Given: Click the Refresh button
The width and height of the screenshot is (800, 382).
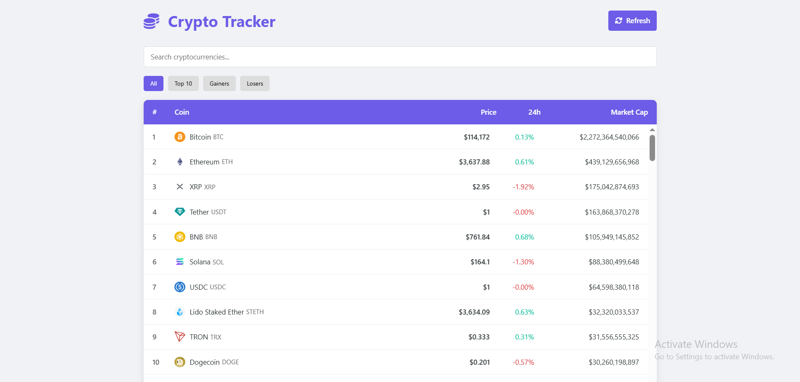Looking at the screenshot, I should click(632, 21).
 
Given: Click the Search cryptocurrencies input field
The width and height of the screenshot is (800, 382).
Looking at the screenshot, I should click(400, 57).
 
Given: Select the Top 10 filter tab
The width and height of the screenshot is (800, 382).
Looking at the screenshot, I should click(183, 83).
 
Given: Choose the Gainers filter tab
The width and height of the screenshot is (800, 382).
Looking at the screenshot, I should click(219, 83).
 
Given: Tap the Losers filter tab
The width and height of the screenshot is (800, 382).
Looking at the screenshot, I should click(254, 83).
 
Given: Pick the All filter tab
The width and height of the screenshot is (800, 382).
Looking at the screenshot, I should click(153, 83).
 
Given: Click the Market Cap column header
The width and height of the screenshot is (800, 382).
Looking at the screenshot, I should click(629, 112).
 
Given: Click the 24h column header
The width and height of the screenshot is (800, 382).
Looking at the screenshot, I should click(534, 112).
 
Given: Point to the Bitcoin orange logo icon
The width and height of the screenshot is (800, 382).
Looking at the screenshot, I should click(180, 137).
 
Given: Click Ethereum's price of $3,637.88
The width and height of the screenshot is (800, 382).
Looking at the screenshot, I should click(474, 162).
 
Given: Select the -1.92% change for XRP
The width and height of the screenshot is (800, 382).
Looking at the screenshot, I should click(523, 187).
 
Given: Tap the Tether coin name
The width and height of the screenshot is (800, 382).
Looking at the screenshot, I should click(199, 212).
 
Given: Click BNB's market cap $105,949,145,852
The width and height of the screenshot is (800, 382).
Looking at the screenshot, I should click(612, 237).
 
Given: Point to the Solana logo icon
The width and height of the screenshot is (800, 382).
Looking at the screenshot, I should click(180, 262).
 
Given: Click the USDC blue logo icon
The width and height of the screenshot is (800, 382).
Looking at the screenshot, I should click(180, 287).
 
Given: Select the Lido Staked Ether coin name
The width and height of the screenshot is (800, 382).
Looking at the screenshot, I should click(217, 312).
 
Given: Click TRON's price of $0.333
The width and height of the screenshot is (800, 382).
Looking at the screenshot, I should click(479, 337).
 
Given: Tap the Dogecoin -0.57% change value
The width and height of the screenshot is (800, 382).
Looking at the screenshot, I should click(523, 362).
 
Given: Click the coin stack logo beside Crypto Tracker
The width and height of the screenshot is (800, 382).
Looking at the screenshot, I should click(152, 21).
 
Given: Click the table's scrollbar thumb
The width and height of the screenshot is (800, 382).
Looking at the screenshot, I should click(652, 148).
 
